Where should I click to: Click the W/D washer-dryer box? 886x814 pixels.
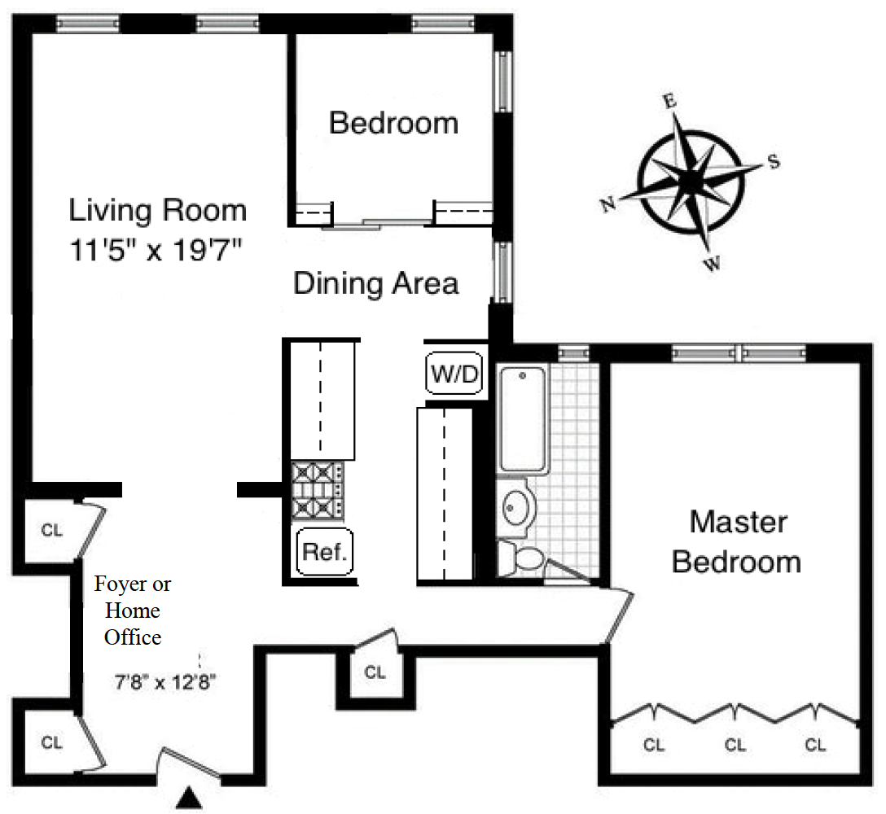tap(455, 373)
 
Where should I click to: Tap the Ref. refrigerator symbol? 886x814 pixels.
tap(325, 552)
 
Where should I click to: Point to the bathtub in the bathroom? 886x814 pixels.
tap(523, 419)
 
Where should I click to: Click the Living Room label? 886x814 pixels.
tap(158, 210)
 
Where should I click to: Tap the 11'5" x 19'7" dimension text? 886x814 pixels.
tap(156, 249)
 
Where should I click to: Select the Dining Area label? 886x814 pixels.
tap(375, 283)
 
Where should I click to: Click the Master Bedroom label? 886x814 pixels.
tap(737, 542)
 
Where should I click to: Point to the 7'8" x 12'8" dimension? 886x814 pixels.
tap(165, 682)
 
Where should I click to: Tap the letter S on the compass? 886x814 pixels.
tap(774, 161)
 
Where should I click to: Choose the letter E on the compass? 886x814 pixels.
tap(669, 101)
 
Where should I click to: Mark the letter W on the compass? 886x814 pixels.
tap(713, 263)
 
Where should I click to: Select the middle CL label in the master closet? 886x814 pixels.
tap(735, 745)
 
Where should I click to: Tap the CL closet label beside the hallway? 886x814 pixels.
tap(375, 672)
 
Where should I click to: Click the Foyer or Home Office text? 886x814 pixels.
tap(133, 610)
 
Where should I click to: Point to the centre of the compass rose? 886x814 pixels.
tap(691, 181)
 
